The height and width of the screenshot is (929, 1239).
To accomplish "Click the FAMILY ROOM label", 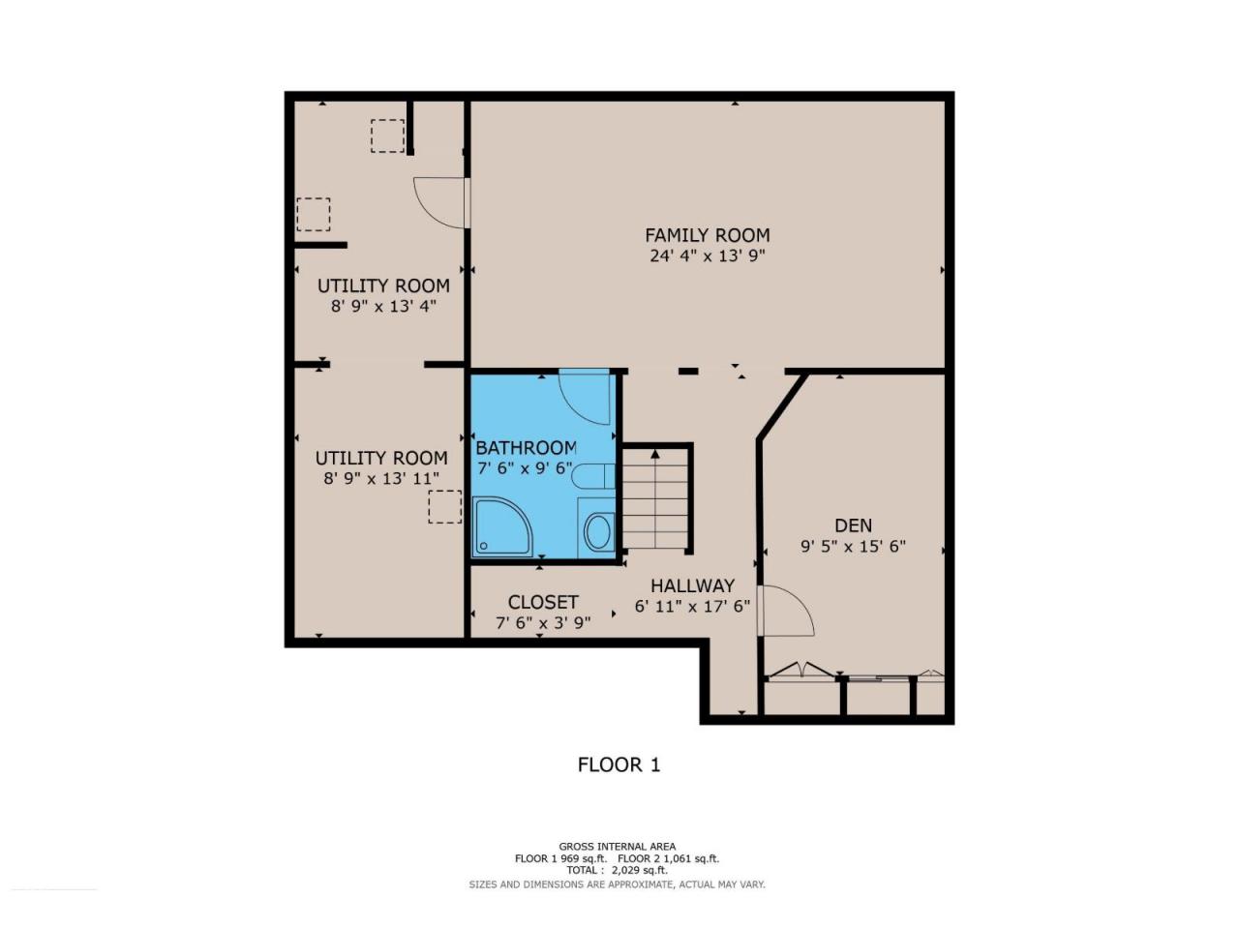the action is coord(708,234).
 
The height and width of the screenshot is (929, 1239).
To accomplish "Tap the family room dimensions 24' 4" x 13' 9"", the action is coord(708,256).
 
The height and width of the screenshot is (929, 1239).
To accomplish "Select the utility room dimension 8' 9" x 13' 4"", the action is coord(383,307).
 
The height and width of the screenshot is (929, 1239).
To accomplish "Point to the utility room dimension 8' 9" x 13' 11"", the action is coord(381,479).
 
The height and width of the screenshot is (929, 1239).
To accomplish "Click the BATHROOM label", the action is coord(526,448).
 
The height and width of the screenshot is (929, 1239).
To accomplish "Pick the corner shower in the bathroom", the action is coord(501,526).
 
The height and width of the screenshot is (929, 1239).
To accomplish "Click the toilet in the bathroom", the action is coord(592,477).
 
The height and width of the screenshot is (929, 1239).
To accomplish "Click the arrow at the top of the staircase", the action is coord(654,453).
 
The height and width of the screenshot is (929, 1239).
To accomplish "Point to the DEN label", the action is coord(853,525).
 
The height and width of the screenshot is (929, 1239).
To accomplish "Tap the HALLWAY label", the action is coord(693,585).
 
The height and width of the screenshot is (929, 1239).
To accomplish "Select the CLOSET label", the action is coord(543,603).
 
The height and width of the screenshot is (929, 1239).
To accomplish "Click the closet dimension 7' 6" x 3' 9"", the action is coord(543,623).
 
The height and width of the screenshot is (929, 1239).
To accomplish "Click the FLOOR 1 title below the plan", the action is coord(619,764).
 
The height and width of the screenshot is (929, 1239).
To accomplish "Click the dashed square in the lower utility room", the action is coord(445,507).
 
